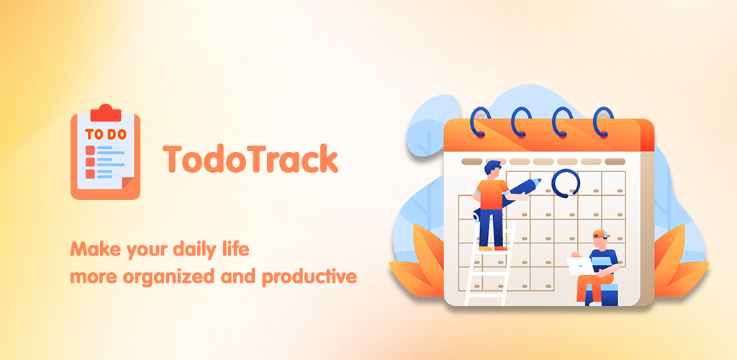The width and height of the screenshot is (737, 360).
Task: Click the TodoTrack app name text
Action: click(250, 159)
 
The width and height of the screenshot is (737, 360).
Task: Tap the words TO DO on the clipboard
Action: click(106, 135)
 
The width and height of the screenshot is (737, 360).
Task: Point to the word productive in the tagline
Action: click(309, 276)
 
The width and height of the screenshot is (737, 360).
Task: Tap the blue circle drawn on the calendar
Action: click(566, 183)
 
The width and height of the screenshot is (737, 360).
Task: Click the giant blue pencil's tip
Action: click(540, 179)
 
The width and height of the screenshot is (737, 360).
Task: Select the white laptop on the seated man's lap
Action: click(579, 266)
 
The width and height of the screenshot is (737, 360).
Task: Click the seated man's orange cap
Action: click(600, 233)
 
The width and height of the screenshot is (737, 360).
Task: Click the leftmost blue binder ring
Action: click(480, 122)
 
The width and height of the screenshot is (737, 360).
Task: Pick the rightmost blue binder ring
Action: click(604, 122)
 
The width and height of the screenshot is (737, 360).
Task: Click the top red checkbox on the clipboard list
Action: click(90, 150)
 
